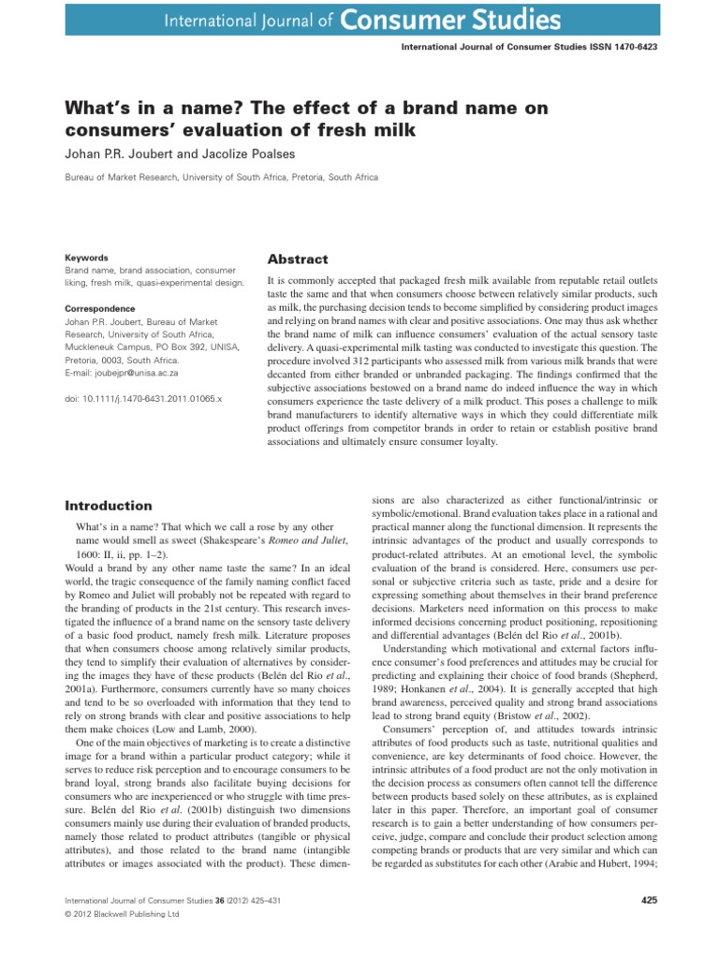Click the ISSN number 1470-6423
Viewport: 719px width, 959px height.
tap(624, 46)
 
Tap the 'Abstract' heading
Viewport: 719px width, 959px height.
tap(298, 259)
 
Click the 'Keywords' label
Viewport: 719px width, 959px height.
tap(85, 258)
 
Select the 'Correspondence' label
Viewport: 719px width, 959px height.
tap(99, 308)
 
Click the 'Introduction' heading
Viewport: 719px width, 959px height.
tap(108, 505)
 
